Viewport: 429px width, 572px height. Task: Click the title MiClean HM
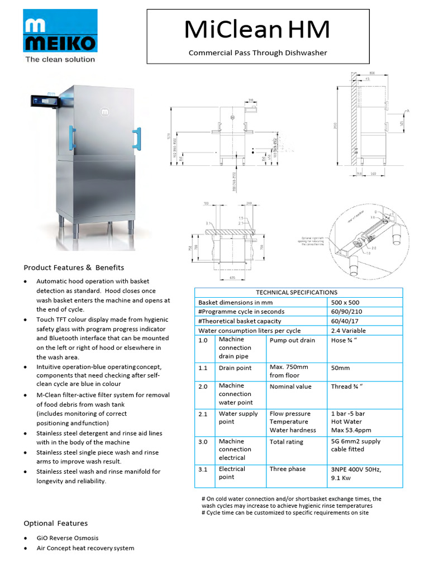(x=257, y=30)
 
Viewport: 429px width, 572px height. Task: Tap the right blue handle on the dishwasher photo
(x=136, y=138)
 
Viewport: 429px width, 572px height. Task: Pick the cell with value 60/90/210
(x=346, y=312)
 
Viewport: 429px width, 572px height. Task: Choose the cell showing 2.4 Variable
(x=348, y=331)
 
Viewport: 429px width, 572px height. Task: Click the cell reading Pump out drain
(x=292, y=340)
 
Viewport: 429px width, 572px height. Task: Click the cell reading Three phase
(x=288, y=469)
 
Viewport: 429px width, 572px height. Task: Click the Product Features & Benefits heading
(x=74, y=268)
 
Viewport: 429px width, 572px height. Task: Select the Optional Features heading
(x=55, y=523)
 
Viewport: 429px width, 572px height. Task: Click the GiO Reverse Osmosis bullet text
(x=68, y=538)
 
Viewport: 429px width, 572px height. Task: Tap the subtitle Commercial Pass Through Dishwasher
(x=258, y=53)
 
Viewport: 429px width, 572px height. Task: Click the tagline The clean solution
(x=60, y=59)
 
